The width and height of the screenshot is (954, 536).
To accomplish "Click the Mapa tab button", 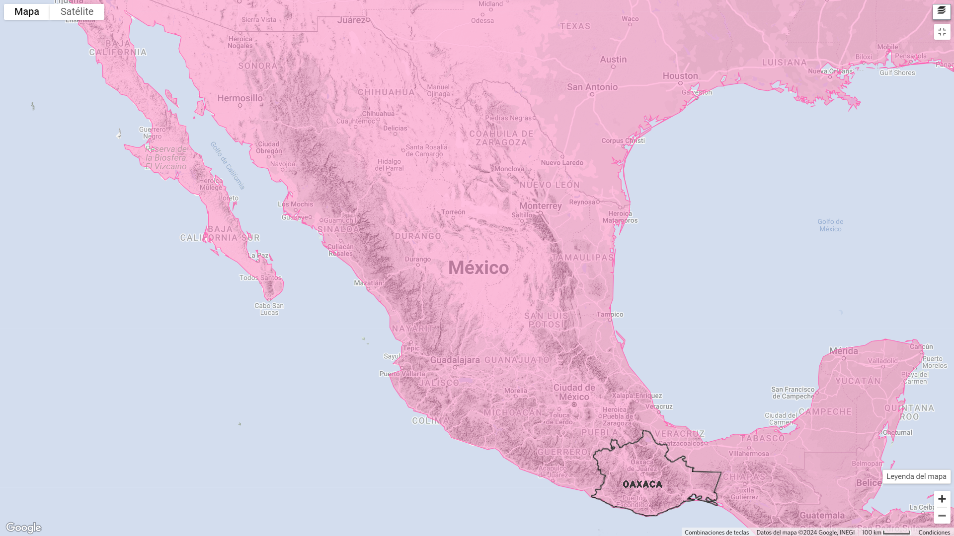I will (x=27, y=12).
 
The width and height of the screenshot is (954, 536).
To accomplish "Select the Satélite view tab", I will (x=77, y=12).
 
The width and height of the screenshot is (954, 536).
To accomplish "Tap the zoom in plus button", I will (x=942, y=499).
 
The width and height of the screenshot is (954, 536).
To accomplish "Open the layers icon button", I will (x=942, y=11).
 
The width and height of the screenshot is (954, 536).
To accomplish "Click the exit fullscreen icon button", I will (x=942, y=32).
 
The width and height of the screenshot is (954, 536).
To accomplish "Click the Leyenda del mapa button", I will (x=916, y=476).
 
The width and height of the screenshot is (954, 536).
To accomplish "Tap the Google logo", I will (x=23, y=527).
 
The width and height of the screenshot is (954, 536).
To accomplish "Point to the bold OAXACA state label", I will (x=642, y=484).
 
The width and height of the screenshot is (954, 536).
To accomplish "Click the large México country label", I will (x=478, y=268).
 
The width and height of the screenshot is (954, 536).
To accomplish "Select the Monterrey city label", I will (x=540, y=206).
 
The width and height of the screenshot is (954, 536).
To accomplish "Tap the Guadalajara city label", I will (x=455, y=360).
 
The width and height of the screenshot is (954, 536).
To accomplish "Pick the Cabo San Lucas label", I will (x=269, y=309).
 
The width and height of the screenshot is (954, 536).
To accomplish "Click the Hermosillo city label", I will (x=240, y=98).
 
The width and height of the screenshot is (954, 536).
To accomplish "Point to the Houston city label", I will (x=680, y=76).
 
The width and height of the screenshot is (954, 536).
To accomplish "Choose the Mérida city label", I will (x=843, y=351).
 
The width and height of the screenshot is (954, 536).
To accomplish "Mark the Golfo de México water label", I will (x=830, y=225).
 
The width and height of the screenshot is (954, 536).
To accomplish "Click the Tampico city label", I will (x=610, y=314).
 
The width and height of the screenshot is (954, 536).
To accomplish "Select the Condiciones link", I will (x=934, y=532).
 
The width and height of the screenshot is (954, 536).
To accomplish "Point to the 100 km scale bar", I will (x=886, y=532).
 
